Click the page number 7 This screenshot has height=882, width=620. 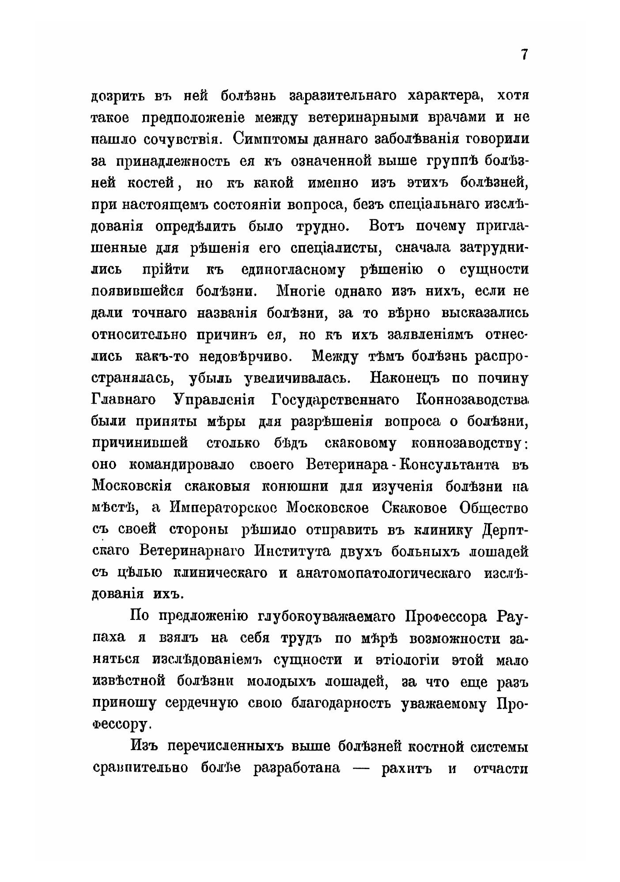[x=524, y=55]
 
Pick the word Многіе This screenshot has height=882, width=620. [x=301, y=292]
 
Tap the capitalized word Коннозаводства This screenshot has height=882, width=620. [x=473, y=400]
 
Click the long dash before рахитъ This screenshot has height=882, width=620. [x=359, y=768]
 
